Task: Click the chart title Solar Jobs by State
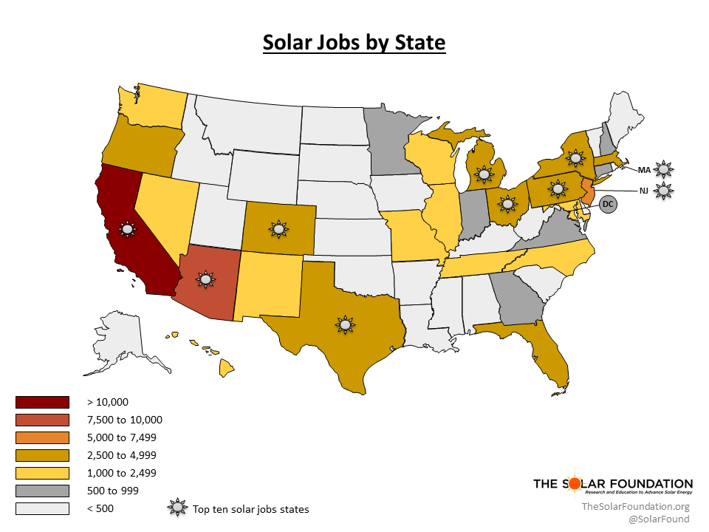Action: pyautogui.click(x=354, y=43)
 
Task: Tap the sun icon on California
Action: pyautogui.click(x=127, y=229)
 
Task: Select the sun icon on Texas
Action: pyautogui.click(x=344, y=324)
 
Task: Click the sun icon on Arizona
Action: pyautogui.click(x=205, y=279)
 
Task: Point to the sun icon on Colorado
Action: pyautogui.click(x=278, y=229)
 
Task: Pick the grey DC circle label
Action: pyautogui.click(x=607, y=204)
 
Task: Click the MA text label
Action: pyautogui.click(x=644, y=169)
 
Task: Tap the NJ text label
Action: pyautogui.click(x=645, y=191)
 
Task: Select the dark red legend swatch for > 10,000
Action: pyautogui.click(x=42, y=402)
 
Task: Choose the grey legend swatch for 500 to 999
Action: pyautogui.click(x=42, y=491)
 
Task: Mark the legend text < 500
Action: pyautogui.click(x=100, y=508)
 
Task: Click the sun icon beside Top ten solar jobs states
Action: pyautogui.click(x=177, y=508)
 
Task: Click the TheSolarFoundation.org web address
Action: pyautogui.click(x=635, y=506)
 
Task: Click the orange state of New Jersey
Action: pyautogui.click(x=587, y=191)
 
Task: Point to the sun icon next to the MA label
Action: pyautogui.click(x=665, y=169)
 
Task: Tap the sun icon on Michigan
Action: pyautogui.click(x=484, y=174)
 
